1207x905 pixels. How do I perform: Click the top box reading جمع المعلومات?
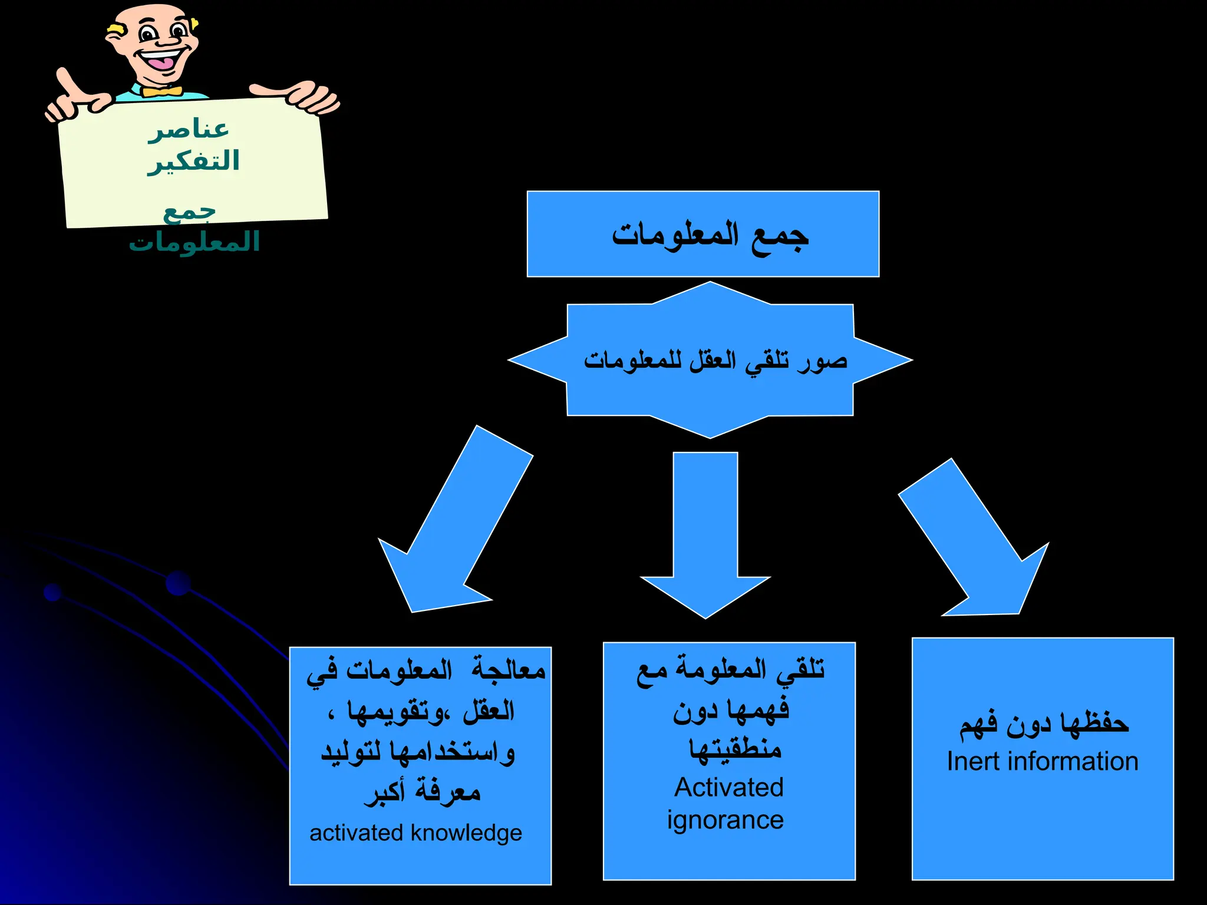[x=703, y=234]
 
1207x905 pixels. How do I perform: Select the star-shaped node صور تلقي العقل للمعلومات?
[x=710, y=360]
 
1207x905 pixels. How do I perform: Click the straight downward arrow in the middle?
[x=705, y=530]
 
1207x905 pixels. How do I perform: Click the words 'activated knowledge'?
[x=415, y=833]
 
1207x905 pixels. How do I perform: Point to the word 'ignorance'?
[x=725, y=820]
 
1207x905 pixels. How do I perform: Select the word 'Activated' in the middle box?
[x=729, y=788]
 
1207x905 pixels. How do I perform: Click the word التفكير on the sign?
[x=193, y=161]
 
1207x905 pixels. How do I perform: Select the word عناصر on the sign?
[x=189, y=129]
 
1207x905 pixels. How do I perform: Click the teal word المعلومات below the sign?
[x=194, y=242]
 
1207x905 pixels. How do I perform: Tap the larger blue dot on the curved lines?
[x=178, y=583]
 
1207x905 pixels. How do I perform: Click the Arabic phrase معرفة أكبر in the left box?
[x=422, y=792]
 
